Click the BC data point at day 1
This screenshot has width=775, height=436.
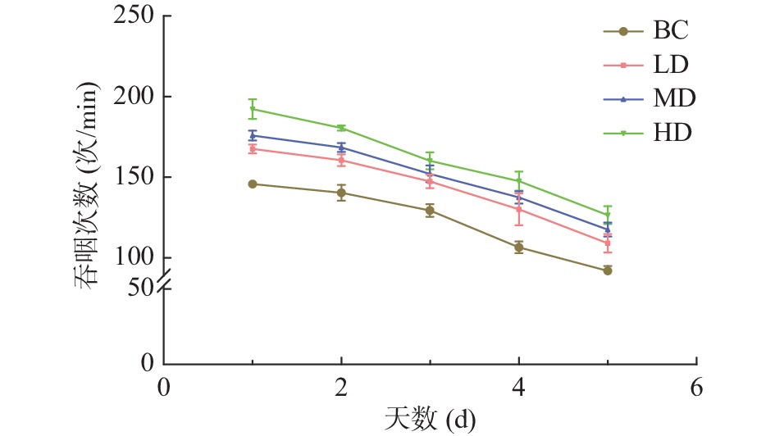[x=253, y=184]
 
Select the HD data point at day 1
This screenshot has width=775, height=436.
[x=253, y=109]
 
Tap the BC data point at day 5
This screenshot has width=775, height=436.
[x=608, y=270]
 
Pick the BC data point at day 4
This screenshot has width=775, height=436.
[x=519, y=248]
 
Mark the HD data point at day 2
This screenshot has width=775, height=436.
[x=341, y=128]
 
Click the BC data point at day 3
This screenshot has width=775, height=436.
[x=430, y=211]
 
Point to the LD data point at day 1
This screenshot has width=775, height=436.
[x=253, y=149]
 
